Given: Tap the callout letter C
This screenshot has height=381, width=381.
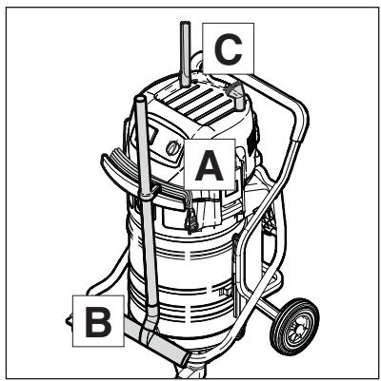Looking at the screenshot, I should point(228,49).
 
